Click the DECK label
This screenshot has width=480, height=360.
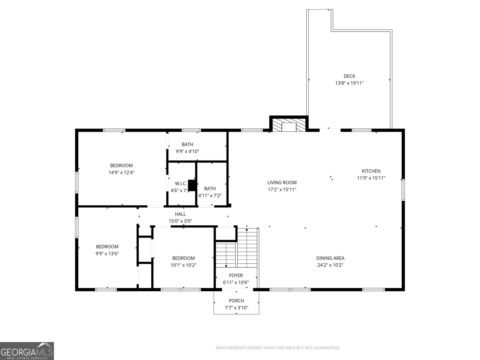click(349, 76)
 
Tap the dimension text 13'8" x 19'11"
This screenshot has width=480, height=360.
click(349, 83)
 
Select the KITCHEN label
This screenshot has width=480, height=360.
click(371, 171)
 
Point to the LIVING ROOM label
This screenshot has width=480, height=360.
click(282, 182)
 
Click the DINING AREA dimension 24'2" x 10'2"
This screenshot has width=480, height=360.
click(330, 265)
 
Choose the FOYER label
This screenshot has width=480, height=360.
click(236, 275)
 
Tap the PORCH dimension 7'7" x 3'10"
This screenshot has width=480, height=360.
click(236, 308)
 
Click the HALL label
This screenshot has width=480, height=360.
click(180, 214)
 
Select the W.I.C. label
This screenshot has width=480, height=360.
click(181, 184)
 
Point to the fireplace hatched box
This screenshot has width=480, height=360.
click(289, 125)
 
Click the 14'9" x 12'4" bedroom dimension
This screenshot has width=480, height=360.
click(121, 172)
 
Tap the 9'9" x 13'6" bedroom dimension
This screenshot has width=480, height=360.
click(107, 253)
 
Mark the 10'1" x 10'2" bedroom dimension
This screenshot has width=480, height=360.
click(184, 265)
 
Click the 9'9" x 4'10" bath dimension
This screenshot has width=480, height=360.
click(187, 151)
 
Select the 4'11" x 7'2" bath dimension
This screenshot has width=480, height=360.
click(210, 195)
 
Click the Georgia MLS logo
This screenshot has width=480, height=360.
click(27, 351)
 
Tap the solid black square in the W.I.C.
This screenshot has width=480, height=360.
click(192, 185)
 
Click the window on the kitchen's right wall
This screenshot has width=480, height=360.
click(403, 190)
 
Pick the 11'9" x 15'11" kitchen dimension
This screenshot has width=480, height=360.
click(371, 178)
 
